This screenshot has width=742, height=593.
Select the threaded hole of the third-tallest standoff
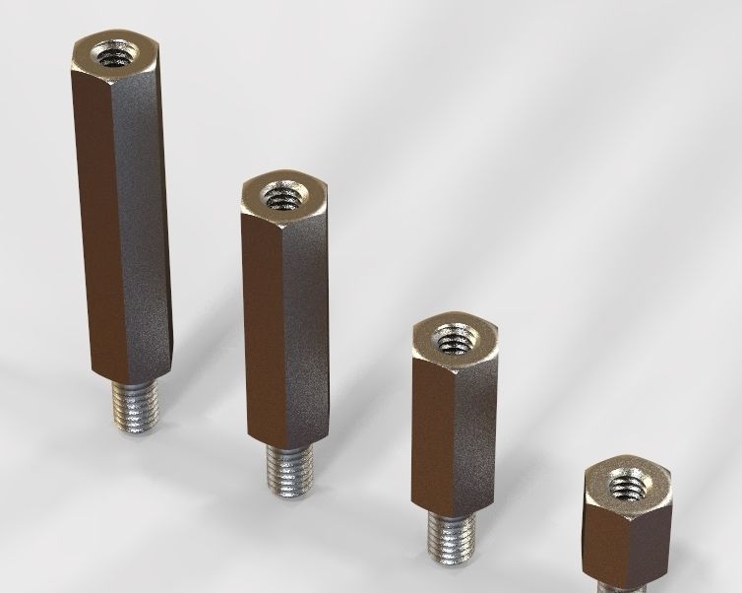point(454,340)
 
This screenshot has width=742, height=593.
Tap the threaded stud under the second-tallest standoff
point(291,468)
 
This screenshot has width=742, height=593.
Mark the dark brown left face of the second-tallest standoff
point(261,315)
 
